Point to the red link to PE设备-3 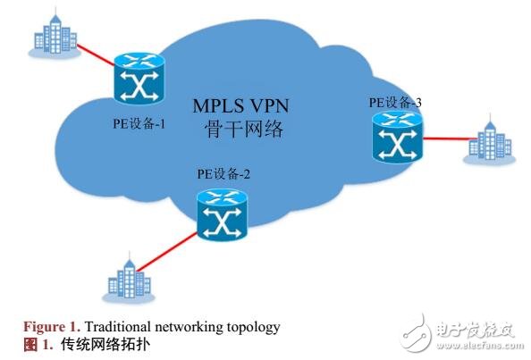coord(443,140)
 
